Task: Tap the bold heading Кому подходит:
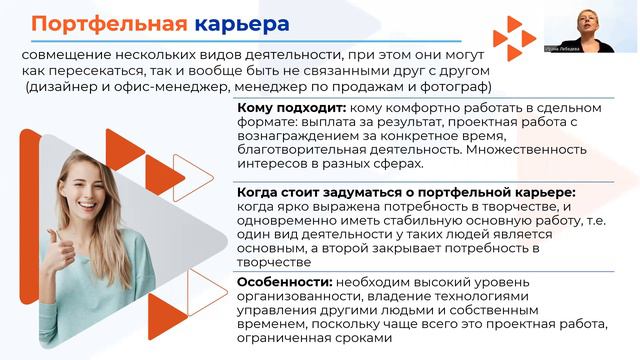291,107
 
